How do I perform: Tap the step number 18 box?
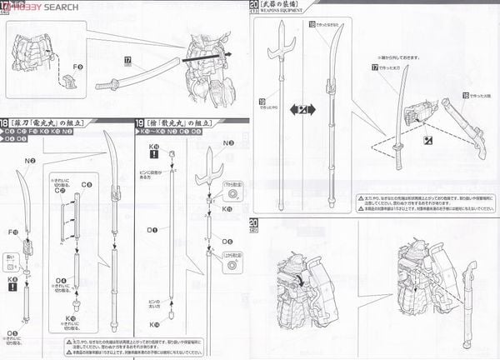(x=8, y=122)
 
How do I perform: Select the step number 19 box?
(x=139, y=122)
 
